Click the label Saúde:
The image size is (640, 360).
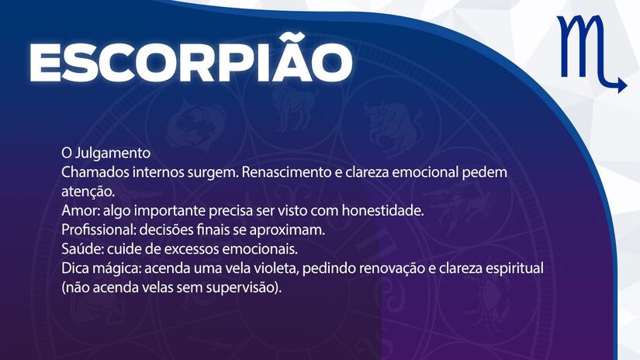pos(81,249)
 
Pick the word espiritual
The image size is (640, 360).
pos(514,268)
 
